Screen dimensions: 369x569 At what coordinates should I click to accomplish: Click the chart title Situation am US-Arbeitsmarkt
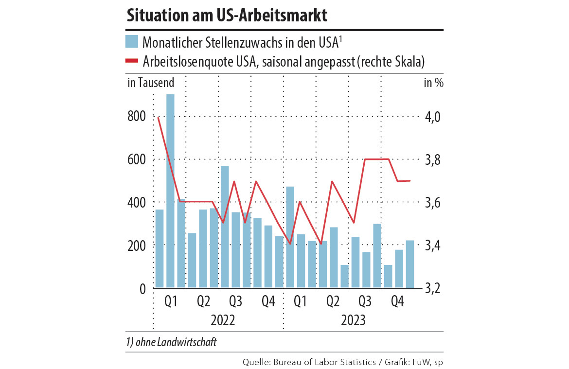227,15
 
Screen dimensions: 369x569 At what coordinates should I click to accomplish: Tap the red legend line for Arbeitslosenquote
132,61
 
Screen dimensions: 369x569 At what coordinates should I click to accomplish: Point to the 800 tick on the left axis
137,117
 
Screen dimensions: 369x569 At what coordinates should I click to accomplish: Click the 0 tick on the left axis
142,288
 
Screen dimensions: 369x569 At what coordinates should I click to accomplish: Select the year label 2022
223,321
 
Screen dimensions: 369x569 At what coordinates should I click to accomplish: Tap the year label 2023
354,321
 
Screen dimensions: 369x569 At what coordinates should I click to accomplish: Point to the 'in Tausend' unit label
150,83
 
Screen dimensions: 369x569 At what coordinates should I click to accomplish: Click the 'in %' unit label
433,83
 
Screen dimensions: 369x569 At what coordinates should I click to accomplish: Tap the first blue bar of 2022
159,248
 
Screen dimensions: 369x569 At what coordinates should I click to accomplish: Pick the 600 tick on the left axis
137,159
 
